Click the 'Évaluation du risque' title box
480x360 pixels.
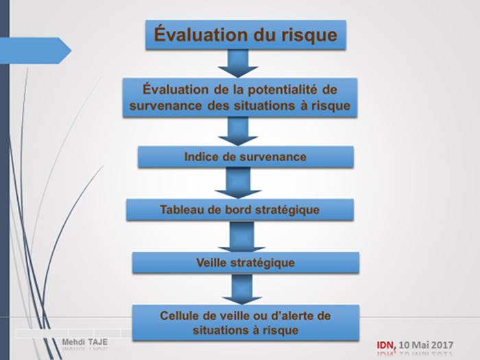[245, 34]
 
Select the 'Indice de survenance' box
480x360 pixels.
[245, 157]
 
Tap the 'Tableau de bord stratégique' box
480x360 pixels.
[240, 210]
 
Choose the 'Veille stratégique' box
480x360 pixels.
[245, 263]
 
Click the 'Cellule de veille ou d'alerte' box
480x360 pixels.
[245, 323]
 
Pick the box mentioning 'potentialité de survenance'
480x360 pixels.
[240, 97]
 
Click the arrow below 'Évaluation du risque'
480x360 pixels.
[238, 63]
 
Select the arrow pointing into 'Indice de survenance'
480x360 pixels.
[238, 132]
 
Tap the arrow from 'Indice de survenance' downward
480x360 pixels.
[238, 183]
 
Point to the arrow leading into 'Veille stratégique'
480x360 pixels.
[241, 237]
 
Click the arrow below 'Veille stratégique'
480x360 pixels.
[242, 289]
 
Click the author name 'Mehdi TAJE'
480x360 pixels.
[85, 342]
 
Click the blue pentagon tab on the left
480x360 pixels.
[36, 51]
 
